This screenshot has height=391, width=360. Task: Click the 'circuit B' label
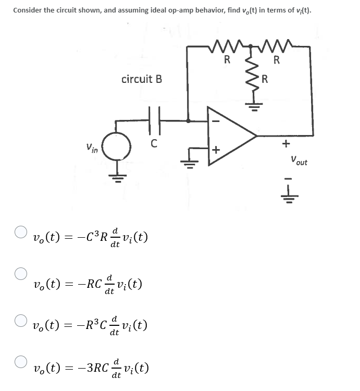point(141,79)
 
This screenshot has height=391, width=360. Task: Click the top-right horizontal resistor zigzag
point(277,48)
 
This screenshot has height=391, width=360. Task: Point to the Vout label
point(299,161)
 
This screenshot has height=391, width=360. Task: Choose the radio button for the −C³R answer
point(20,230)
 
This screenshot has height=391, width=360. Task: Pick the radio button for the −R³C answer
point(20,317)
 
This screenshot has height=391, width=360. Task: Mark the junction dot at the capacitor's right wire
point(188,120)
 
